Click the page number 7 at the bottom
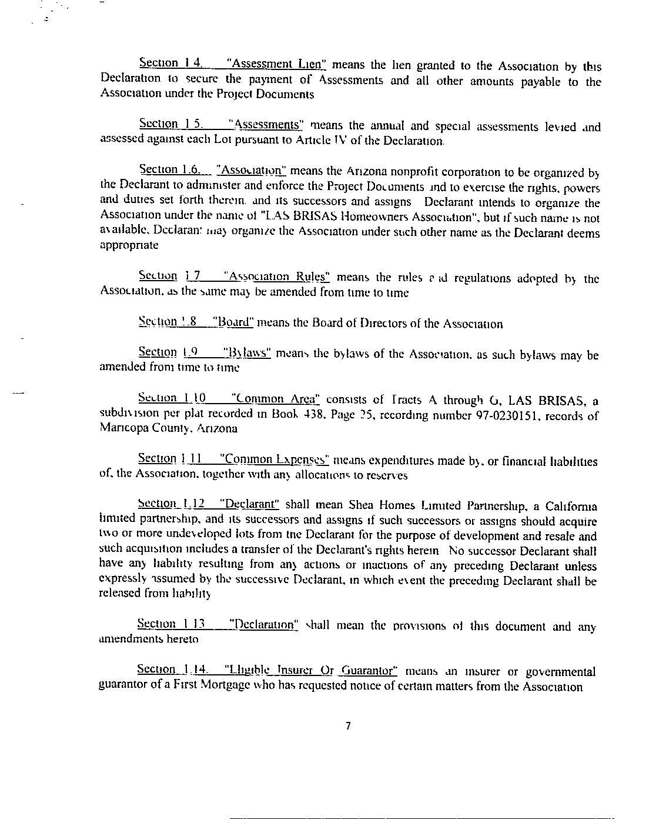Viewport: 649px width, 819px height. pos(349,726)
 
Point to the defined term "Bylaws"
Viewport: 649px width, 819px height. pos(247,353)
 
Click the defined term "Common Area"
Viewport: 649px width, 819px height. pos(276,399)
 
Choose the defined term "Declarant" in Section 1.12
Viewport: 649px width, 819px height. pos(249,504)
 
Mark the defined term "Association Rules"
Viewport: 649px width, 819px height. pos(279,277)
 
